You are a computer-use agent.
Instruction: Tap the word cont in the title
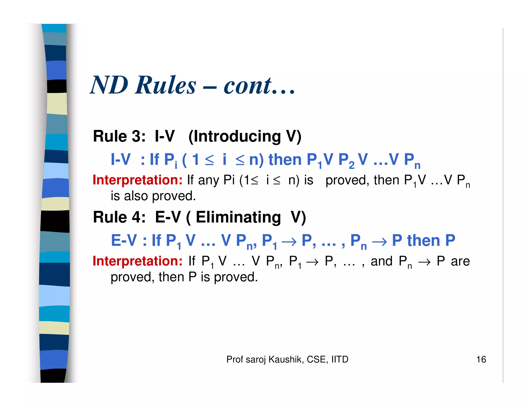[x=247, y=86]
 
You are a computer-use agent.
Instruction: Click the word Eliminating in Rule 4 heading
[x=238, y=217]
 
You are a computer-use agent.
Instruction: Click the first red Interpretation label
[x=137, y=180]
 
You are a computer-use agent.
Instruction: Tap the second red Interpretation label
[x=137, y=261]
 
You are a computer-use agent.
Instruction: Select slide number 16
[x=481, y=359]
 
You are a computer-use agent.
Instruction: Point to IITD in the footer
[x=340, y=359]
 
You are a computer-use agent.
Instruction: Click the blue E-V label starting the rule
[x=124, y=241]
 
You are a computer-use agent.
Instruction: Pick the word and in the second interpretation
[x=381, y=261]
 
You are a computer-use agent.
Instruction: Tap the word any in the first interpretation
[x=209, y=180]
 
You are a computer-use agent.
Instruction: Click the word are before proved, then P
[x=460, y=261]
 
